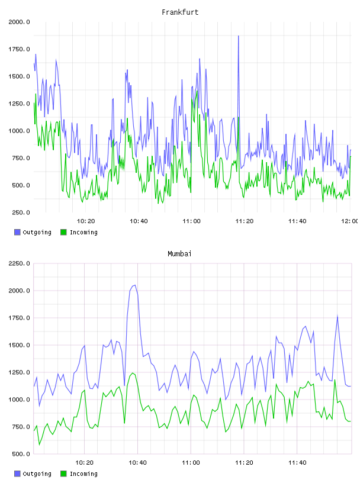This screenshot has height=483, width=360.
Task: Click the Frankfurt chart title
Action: point(180,12)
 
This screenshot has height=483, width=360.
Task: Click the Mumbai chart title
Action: point(179,254)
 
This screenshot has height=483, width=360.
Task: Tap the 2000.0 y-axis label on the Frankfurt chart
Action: point(19,22)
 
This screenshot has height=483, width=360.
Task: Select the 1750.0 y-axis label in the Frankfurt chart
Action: point(19,49)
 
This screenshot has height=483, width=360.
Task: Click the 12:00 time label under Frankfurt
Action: point(350,221)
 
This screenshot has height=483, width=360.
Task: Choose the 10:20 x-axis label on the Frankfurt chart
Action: point(86,221)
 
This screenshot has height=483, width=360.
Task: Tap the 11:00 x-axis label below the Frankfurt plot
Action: point(191,221)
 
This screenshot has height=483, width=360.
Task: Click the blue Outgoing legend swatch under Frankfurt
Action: point(17,232)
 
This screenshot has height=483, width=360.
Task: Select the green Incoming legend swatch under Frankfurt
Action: point(63,232)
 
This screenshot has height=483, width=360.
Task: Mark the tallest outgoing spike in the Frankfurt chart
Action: point(238,36)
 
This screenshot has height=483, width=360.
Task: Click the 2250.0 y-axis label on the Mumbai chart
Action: point(19,263)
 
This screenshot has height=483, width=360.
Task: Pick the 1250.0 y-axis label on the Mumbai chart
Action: point(19,372)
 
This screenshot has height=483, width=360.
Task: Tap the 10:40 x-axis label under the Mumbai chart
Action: point(137,463)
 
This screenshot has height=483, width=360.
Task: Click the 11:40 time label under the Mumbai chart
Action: point(297,463)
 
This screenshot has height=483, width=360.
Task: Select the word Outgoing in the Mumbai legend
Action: point(37,474)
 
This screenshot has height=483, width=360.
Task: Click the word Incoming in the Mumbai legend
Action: point(83,474)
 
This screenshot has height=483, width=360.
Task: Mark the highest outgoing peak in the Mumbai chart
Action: point(134,285)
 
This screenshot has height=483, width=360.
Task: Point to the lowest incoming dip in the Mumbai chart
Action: point(39,445)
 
